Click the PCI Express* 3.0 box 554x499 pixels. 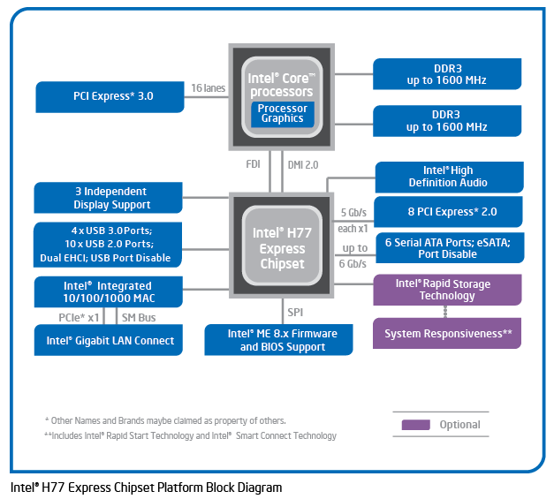[x=110, y=95]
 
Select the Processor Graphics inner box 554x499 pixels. [x=282, y=113]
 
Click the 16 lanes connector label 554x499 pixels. [x=208, y=87]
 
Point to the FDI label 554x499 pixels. [x=253, y=163]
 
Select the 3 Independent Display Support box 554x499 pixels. [x=110, y=198]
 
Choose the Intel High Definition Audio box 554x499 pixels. [x=448, y=177]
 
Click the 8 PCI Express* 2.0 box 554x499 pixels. [x=447, y=212]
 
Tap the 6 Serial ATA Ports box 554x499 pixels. [x=447, y=247]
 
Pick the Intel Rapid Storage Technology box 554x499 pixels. [x=447, y=290]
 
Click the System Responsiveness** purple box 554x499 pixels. [x=447, y=334]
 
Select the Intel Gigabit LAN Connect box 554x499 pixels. [x=110, y=340]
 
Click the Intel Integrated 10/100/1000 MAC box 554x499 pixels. [x=110, y=292]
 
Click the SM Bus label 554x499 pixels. [x=139, y=316]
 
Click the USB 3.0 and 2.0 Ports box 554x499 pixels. [x=110, y=245]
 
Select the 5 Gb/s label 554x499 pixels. [x=353, y=213]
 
